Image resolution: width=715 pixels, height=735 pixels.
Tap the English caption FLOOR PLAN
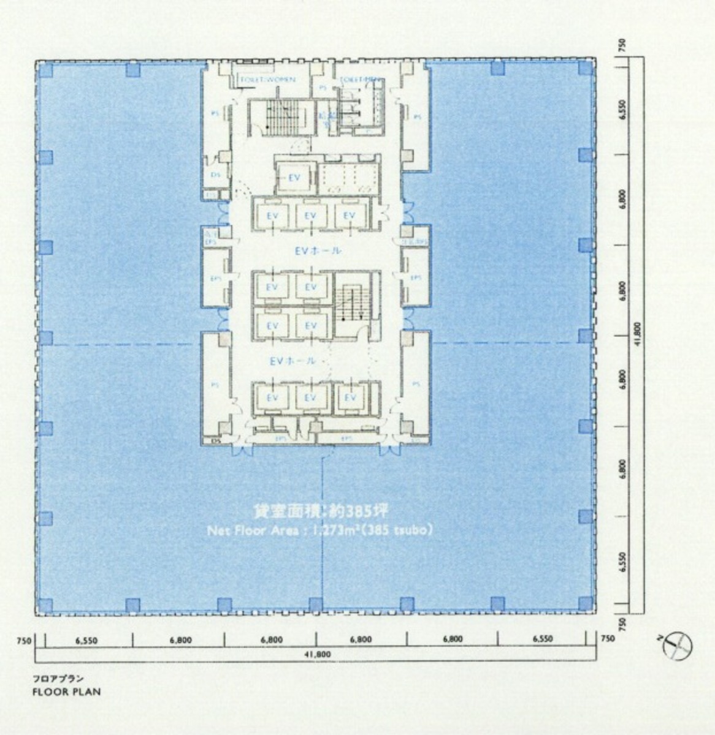(x=66, y=692)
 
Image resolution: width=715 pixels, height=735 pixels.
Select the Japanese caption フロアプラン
(x=58, y=679)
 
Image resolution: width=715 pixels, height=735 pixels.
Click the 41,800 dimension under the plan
(x=317, y=654)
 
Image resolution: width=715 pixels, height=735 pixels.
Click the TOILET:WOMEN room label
(x=267, y=80)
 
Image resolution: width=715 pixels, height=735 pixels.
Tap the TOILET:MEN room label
(x=359, y=80)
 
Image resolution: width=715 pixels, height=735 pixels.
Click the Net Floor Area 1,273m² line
(x=320, y=530)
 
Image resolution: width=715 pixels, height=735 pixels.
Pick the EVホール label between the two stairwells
(x=318, y=251)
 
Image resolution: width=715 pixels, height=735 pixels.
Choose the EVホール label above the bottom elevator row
(x=292, y=361)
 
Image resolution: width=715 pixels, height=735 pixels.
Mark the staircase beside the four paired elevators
(x=353, y=304)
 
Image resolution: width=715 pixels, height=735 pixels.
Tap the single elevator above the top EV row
(x=294, y=178)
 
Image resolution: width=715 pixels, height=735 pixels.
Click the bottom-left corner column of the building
(x=45, y=605)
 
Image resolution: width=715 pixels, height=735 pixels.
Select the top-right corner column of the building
(x=586, y=67)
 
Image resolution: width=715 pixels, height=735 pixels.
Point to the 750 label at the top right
(x=622, y=45)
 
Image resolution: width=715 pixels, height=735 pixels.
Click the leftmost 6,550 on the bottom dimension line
(x=86, y=640)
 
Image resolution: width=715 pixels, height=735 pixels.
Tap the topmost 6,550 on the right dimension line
(x=622, y=109)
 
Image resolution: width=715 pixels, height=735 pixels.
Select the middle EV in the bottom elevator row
(x=311, y=398)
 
